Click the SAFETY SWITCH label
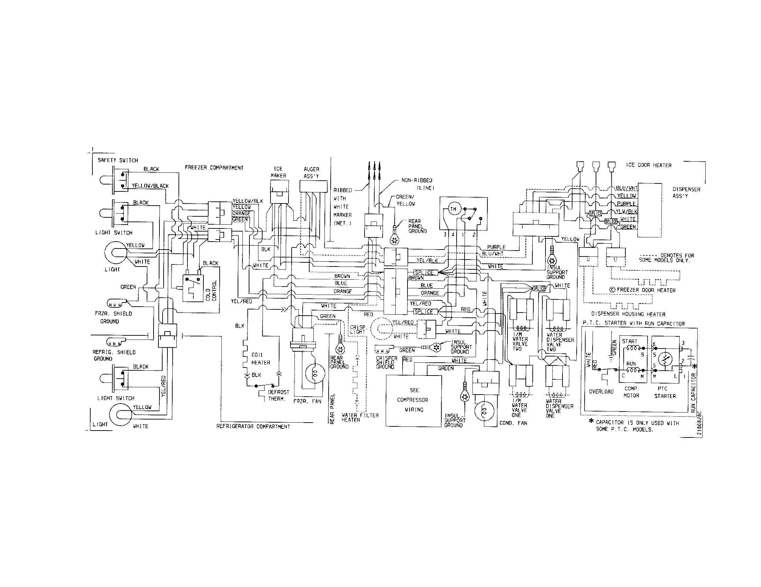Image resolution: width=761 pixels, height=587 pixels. pyautogui.click(x=117, y=160)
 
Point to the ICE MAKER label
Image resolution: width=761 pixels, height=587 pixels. pyautogui.click(x=278, y=172)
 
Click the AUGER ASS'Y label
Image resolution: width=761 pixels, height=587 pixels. pyautogui.click(x=311, y=173)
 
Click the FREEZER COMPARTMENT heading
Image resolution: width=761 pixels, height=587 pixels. pyautogui.click(x=214, y=168)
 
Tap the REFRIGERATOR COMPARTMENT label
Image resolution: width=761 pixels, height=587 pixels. pyautogui.click(x=253, y=426)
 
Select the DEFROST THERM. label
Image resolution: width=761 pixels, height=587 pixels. pyautogui.click(x=278, y=395)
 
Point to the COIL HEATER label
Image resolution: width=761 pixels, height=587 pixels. pyautogui.click(x=260, y=359)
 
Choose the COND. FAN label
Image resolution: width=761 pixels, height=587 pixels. pyautogui.click(x=513, y=423)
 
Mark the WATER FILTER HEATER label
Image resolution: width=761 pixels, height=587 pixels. pyautogui.click(x=360, y=418)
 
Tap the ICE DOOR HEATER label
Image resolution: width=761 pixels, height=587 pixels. pyautogui.click(x=649, y=165)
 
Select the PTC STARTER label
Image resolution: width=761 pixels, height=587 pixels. pyautogui.click(x=665, y=392)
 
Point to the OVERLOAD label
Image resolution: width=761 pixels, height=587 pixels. pyautogui.click(x=601, y=391)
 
